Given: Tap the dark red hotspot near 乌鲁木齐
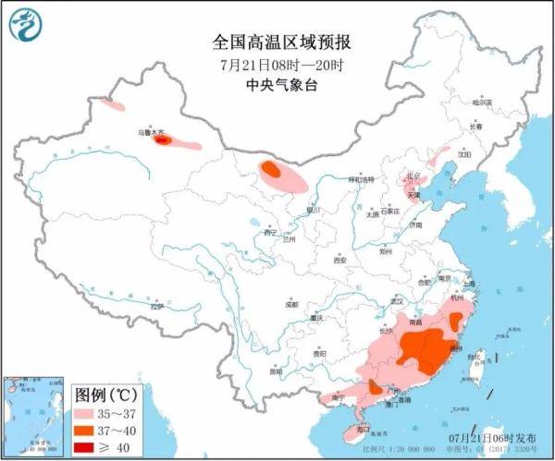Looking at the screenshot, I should [163, 140].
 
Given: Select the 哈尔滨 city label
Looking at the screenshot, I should [482, 102].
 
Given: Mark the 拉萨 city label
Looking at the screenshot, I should [156, 306].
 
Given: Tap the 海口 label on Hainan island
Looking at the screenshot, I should [363, 429].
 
